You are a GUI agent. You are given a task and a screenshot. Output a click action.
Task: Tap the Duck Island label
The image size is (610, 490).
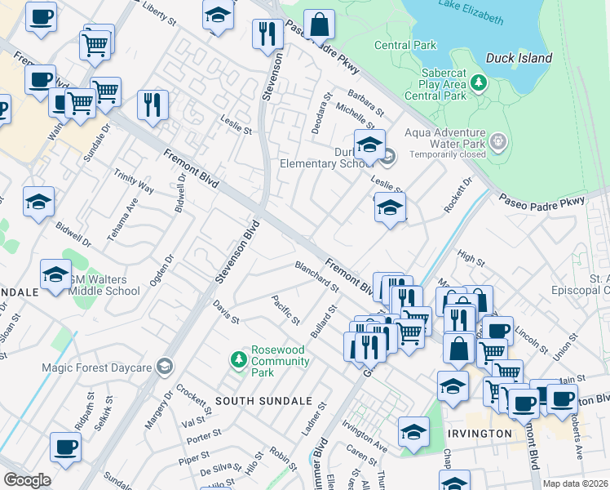pos(519,58)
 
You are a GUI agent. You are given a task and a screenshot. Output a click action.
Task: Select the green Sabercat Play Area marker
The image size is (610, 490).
pos(479,82)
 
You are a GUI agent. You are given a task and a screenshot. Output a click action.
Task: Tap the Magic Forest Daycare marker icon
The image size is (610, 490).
pos(166,367)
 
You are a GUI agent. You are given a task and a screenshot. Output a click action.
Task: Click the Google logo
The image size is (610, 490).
pos(27,479)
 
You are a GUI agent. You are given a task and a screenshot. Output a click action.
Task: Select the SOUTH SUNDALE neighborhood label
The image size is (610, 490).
pos(263,401)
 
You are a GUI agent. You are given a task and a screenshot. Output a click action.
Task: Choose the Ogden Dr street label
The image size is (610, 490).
pos(167,270)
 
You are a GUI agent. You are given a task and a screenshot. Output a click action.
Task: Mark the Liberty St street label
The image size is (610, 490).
pos(160,10)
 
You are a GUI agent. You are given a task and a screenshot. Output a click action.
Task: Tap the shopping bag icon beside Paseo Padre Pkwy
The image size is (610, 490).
pos(320,26)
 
